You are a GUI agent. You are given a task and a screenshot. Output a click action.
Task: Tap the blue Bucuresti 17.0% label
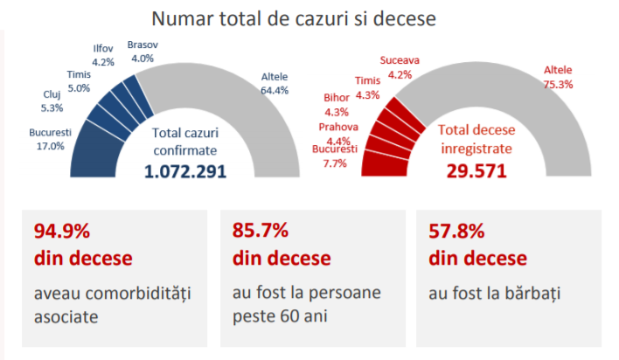48,140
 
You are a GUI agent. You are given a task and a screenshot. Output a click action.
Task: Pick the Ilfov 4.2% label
103,55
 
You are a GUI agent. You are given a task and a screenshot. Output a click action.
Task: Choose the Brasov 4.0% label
141,51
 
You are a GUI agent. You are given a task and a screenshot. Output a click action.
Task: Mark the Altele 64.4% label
275,83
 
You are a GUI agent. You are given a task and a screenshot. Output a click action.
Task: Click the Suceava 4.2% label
400,67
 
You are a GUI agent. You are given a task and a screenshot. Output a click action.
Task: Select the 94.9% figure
62,232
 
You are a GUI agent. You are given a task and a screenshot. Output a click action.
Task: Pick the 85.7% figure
261,232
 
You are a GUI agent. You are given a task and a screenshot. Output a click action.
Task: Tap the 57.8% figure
457,232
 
